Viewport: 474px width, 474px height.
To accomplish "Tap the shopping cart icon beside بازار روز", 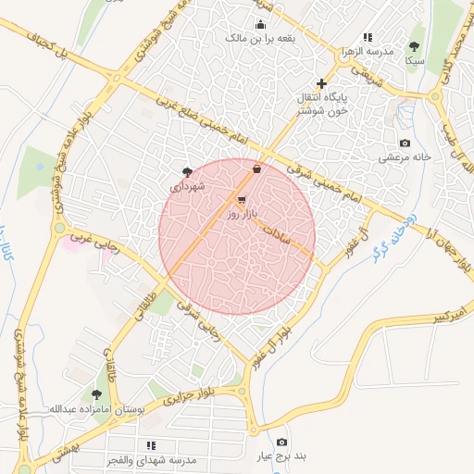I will (242, 199).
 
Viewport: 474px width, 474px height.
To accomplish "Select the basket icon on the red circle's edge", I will (256, 168).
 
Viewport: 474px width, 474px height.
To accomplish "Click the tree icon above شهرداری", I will (187, 171).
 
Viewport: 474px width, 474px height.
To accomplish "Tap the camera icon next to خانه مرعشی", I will (405, 143).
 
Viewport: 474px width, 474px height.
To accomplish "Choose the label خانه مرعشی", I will (405, 157).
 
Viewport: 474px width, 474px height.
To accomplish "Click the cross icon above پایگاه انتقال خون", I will (321, 83).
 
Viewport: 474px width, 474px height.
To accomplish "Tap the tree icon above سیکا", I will (414, 46).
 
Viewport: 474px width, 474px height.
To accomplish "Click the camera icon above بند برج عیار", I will (281, 443).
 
